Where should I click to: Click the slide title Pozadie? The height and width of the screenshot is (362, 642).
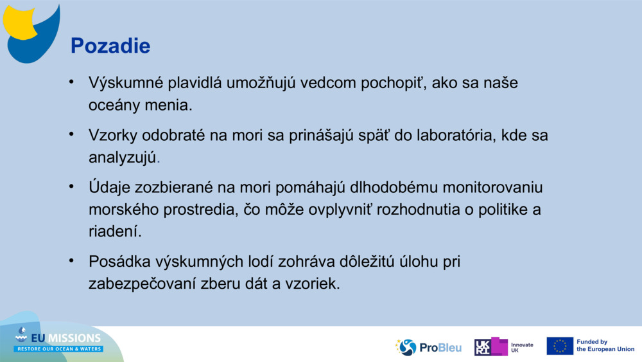tap(110, 46)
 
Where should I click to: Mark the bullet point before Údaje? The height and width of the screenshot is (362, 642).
tap(73, 186)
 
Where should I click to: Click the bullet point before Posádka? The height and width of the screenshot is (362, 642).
tap(73, 260)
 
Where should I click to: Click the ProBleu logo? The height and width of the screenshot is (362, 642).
tap(428, 347)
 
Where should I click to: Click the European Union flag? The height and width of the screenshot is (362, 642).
tap(560, 346)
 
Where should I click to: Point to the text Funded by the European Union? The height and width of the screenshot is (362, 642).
tap(605, 346)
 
